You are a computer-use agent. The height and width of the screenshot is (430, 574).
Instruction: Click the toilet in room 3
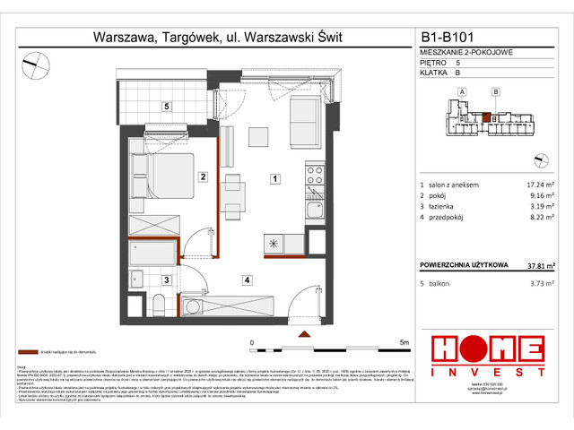click(153, 307)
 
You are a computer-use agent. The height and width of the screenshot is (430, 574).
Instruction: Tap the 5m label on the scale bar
click(404, 342)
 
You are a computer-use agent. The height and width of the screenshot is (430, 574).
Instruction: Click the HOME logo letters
click(487, 349)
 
